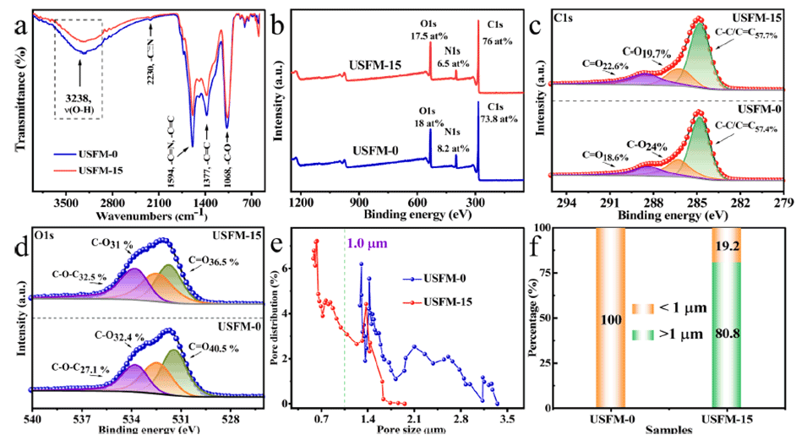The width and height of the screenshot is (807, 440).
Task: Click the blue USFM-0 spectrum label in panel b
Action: [363, 153]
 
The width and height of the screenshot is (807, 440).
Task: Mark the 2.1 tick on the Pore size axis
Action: [414, 417]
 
